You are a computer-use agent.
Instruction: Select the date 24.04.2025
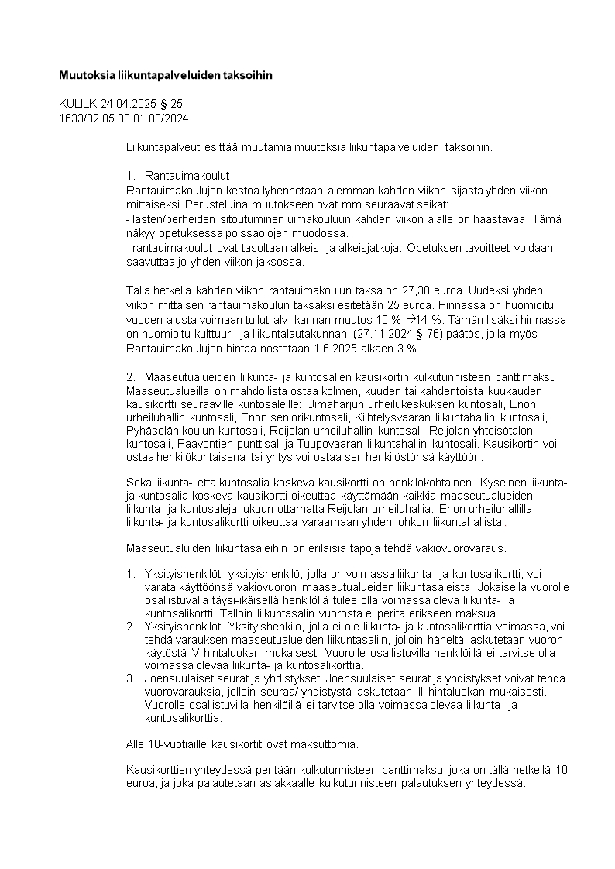[x=127, y=104]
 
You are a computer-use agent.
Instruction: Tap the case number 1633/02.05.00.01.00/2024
[x=124, y=118]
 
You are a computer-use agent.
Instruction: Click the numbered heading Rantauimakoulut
[x=187, y=175]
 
